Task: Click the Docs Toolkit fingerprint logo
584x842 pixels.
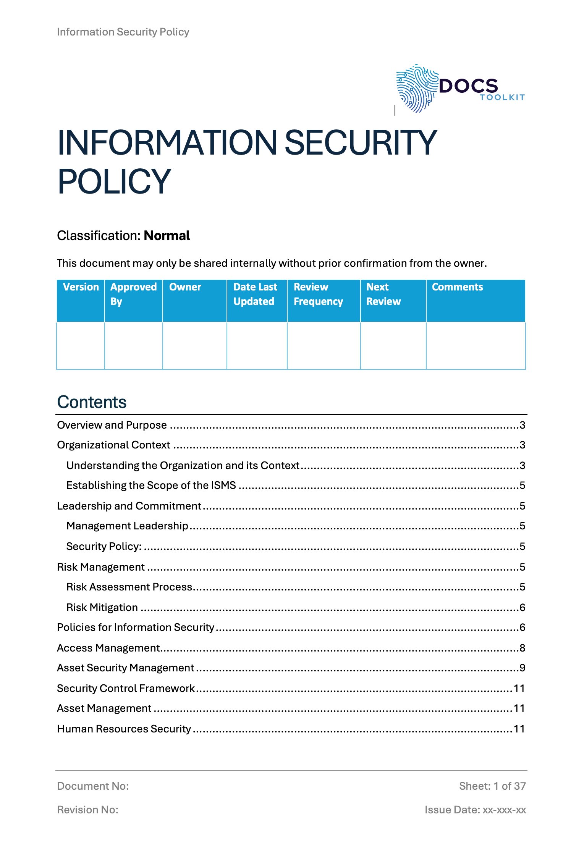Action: (x=416, y=89)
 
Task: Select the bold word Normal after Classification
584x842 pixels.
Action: (x=167, y=236)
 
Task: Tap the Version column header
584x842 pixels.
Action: (x=81, y=287)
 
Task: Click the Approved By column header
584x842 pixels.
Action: (x=133, y=294)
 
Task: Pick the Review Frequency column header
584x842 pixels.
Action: (x=318, y=294)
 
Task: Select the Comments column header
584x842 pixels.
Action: (x=457, y=287)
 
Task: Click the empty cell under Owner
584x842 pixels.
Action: (x=194, y=345)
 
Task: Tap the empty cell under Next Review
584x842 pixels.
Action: (x=393, y=345)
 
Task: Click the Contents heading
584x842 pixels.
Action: (x=92, y=402)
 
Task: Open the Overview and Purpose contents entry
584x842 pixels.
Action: (x=112, y=425)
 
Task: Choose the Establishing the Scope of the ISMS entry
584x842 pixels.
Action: (x=151, y=486)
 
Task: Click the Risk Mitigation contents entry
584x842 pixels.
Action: (x=102, y=607)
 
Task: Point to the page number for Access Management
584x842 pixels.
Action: (x=522, y=648)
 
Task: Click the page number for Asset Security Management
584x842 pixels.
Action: (x=522, y=668)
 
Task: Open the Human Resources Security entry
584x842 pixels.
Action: (x=124, y=729)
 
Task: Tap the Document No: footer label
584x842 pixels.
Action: (x=93, y=786)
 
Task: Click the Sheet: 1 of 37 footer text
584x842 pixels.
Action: (x=492, y=786)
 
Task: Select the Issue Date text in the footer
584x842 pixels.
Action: (x=475, y=810)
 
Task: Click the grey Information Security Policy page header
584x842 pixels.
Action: (x=123, y=32)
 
